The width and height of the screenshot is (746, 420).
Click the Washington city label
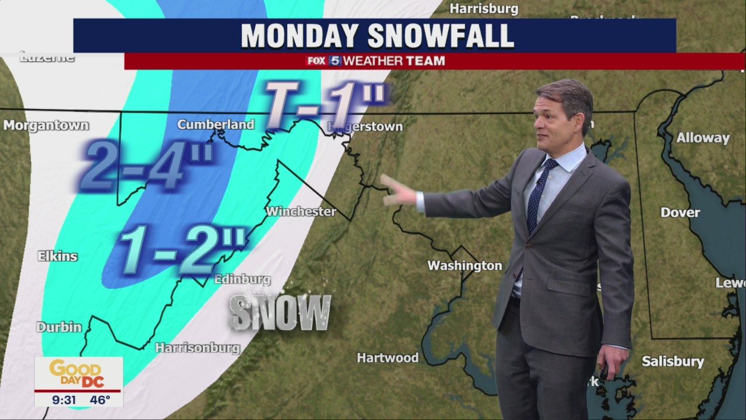(x=465, y=266)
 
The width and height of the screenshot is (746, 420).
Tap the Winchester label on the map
(x=301, y=211)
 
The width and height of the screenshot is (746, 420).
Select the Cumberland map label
(x=216, y=124)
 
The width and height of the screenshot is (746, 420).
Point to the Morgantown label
(x=46, y=125)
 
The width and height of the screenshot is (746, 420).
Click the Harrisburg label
(x=484, y=9)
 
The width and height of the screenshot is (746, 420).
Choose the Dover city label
(x=680, y=212)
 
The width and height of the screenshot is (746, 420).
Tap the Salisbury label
(x=673, y=362)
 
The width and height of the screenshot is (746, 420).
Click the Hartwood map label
(x=388, y=358)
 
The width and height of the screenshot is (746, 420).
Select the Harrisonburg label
(x=198, y=348)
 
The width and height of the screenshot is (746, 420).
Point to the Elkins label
(x=58, y=256)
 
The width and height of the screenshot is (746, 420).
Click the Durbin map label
(x=59, y=327)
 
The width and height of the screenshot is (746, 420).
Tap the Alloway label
(x=703, y=138)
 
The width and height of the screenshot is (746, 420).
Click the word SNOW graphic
(x=280, y=313)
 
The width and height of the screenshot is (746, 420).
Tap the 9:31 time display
(x=64, y=400)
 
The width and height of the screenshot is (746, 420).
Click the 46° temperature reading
(x=100, y=400)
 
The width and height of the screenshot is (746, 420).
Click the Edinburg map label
(x=242, y=279)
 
